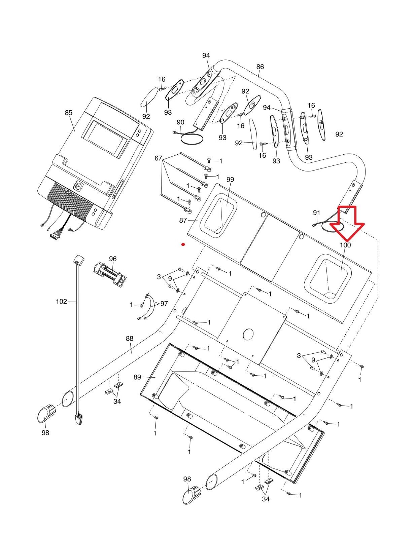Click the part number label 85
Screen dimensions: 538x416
click(68, 113)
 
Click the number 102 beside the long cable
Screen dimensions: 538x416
click(61, 302)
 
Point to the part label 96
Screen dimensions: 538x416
click(113, 259)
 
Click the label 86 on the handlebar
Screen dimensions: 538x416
click(260, 67)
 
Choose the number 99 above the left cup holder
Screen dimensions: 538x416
click(230, 180)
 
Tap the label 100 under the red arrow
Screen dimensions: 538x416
click(345, 245)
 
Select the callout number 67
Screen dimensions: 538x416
click(158, 158)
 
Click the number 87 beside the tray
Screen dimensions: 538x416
click(183, 220)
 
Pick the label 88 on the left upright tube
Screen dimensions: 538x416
click(130, 339)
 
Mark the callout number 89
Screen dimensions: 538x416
click(137, 377)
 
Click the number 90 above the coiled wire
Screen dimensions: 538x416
click(180, 122)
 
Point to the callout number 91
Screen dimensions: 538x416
click(316, 213)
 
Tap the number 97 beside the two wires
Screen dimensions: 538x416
click(164, 304)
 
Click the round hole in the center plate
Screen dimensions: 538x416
click(248, 334)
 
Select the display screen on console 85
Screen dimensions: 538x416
click(105, 139)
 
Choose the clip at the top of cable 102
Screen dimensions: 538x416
click(78, 259)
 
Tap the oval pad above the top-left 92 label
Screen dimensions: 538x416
click(149, 99)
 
